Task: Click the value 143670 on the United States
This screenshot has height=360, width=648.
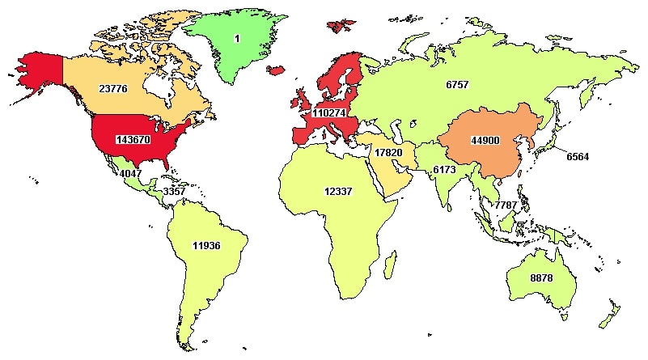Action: (138, 138)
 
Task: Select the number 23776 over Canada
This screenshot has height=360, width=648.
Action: (112, 89)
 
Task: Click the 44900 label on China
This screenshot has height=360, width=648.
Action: (486, 140)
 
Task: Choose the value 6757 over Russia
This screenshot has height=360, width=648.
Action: (457, 84)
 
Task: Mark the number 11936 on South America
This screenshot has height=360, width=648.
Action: (208, 244)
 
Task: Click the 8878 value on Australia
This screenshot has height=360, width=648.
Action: (541, 277)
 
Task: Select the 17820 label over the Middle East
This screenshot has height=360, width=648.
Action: (389, 152)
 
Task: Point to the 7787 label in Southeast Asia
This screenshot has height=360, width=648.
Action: (506, 205)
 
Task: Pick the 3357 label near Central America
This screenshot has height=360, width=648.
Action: (175, 192)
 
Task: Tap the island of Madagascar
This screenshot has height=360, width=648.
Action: (389, 265)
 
